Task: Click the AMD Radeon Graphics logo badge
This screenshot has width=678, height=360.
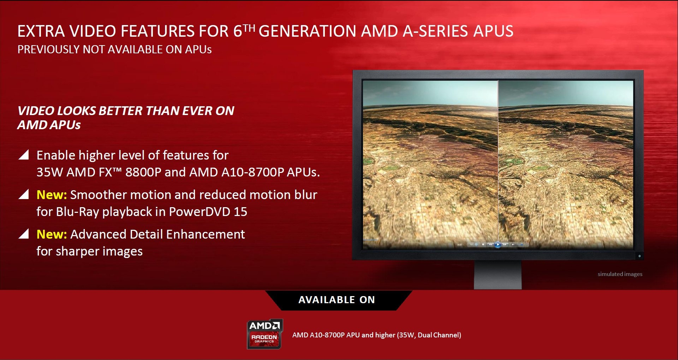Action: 265,334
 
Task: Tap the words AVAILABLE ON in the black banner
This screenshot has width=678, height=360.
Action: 337,300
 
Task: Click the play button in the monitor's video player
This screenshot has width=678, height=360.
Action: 498,244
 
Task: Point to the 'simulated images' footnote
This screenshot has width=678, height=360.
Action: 620,274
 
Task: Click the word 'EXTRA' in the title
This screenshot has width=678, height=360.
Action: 41,31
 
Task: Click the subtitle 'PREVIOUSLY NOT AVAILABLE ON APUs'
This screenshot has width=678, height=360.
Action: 114,49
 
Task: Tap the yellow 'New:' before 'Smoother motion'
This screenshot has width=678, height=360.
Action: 52,195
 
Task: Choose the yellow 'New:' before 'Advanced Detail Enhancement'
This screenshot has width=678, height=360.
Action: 52,234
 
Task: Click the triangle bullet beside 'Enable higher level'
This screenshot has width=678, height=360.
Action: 24,155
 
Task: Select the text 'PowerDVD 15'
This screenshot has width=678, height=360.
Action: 208,212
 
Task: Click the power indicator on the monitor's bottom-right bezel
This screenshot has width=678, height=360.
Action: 639,256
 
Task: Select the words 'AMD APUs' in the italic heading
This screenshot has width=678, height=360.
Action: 49,125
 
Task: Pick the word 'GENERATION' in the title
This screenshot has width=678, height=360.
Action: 307,31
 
